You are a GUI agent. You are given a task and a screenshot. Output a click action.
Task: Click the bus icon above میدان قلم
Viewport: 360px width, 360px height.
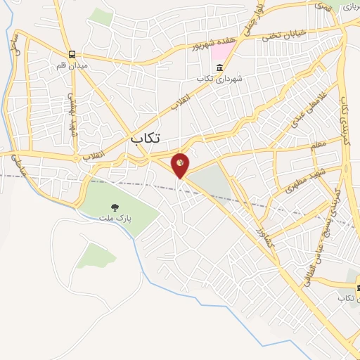coord(72,55)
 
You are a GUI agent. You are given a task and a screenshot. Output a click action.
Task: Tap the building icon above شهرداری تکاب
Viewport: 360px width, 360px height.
coord(220,68)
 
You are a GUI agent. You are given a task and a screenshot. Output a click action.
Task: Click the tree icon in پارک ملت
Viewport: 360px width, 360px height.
coord(115,207)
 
